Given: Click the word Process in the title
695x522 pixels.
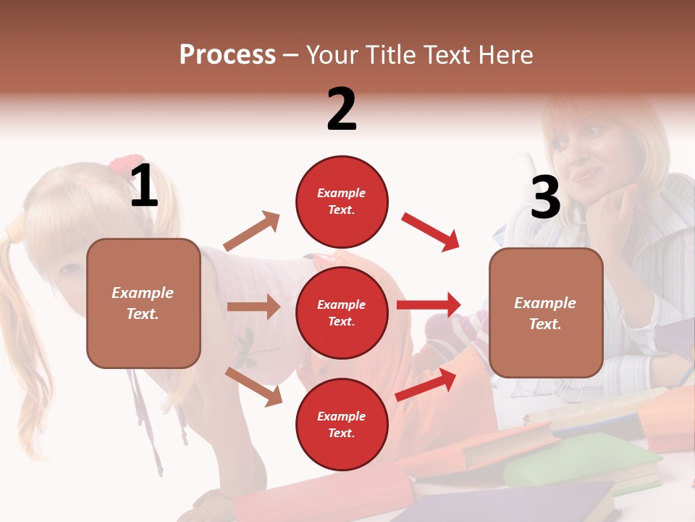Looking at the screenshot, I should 227,55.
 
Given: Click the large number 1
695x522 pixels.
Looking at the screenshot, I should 144,186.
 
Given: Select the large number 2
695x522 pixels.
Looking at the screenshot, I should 342,109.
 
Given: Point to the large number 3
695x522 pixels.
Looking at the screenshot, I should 545,198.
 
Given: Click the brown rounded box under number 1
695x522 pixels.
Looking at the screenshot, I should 143,303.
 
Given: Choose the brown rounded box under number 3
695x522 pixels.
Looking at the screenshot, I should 546,312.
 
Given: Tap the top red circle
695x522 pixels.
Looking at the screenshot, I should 342,202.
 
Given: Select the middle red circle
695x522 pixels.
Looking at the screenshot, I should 342,312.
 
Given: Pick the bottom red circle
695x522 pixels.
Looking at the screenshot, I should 342,424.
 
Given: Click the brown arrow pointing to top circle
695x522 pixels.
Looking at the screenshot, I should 252,231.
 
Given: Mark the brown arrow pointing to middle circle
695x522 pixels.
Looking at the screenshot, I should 253,307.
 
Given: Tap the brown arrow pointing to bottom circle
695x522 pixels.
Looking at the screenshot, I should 254,386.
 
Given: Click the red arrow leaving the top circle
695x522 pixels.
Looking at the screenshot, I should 431,232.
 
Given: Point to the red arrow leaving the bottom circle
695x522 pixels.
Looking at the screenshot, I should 426,384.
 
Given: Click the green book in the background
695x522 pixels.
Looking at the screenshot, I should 579,461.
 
